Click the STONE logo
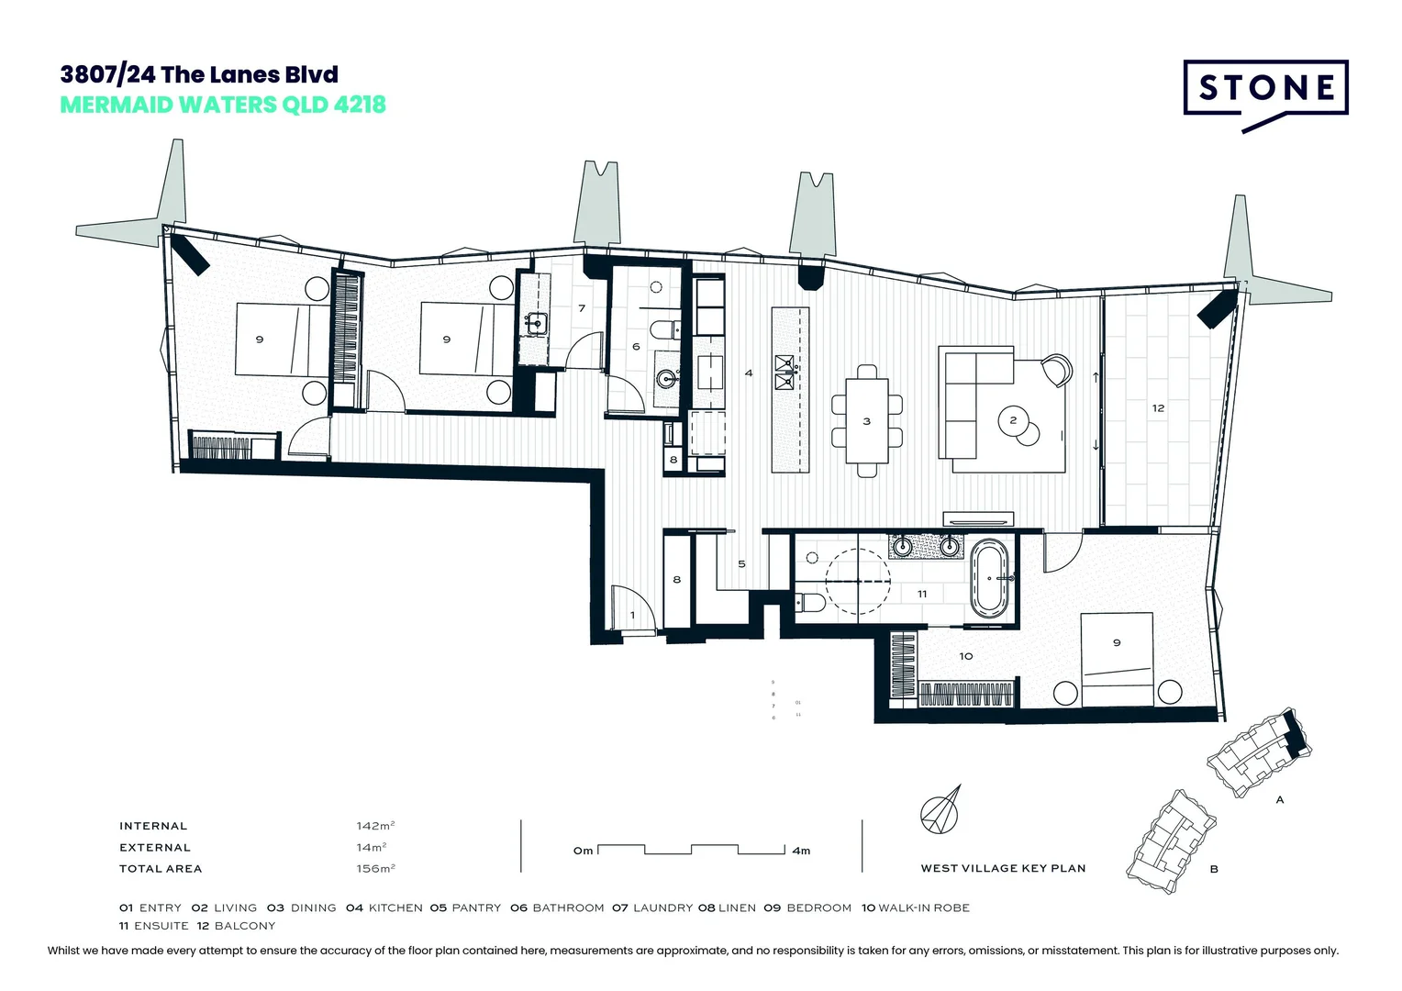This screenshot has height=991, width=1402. [1265, 89]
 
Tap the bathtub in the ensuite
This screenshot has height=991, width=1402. [989, 578]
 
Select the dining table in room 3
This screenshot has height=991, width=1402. [867, 420]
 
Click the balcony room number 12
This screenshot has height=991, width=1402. [1158, 408]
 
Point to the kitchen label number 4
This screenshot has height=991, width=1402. [749, 373]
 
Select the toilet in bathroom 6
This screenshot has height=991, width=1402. [663, 329]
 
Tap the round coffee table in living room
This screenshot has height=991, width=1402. [1015, 421]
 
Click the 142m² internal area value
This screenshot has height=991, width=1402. [375, 826]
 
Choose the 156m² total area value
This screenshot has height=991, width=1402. [375, 868]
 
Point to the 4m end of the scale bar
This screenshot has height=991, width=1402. [800, 851]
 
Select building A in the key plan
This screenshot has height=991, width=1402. [1259, 752]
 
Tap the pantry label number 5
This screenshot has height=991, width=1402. [741, 564]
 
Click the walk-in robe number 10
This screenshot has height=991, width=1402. [965, 656]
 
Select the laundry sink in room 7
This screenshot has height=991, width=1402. [535, 323]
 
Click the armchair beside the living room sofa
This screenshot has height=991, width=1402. [1055, 370]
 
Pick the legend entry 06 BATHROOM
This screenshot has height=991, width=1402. [557, 907]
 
